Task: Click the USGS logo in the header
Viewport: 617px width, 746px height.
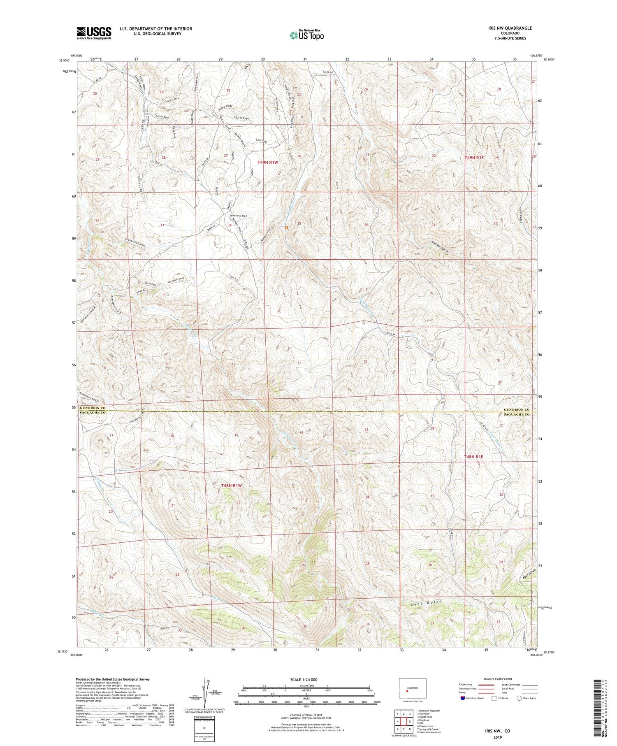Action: [94, 33]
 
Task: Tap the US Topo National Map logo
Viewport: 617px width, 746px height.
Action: [306, 35]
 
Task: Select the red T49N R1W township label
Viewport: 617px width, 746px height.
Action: [268, 163]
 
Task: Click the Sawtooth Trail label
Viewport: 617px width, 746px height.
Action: [238, 216]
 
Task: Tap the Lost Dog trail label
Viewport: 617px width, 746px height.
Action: [261, 140]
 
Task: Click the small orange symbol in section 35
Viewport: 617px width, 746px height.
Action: [286, 227]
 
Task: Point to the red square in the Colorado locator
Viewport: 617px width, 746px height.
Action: [407, 691]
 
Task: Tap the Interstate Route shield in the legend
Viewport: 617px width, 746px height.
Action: [463, 698]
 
